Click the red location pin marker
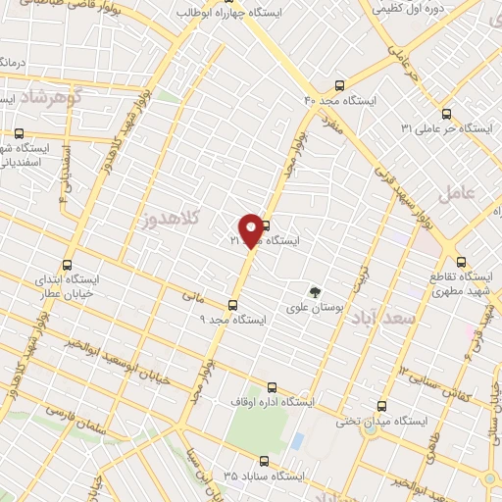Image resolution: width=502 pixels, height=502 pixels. click(x=251, y=230)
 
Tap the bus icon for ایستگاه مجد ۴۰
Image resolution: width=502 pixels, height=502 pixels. click(x=340, y=84)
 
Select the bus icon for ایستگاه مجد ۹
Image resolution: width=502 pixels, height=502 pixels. click(x=232, y=305)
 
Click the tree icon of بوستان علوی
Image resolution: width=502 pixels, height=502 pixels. click(x=315, y=291)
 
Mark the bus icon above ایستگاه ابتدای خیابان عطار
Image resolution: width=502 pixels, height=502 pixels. click(x=68, y=265)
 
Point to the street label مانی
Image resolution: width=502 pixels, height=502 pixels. click(x=191, y=292)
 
